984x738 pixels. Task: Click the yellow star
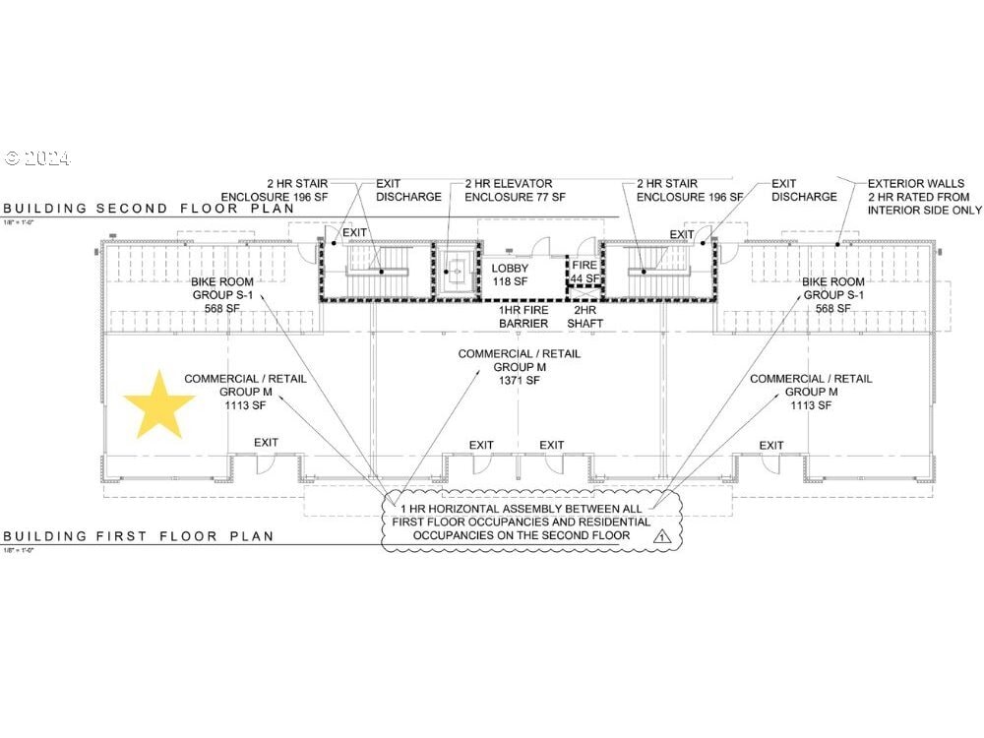tap(159, 405)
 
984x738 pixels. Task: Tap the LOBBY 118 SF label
tap(510, 276)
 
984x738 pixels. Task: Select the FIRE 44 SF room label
tap(584, 273)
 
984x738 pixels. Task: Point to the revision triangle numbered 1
tap(662, 536)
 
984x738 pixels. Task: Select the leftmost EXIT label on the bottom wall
tap(266, 443)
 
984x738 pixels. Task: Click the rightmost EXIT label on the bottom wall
tap(771, 446)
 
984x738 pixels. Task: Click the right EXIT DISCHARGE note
tap(804, 190)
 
